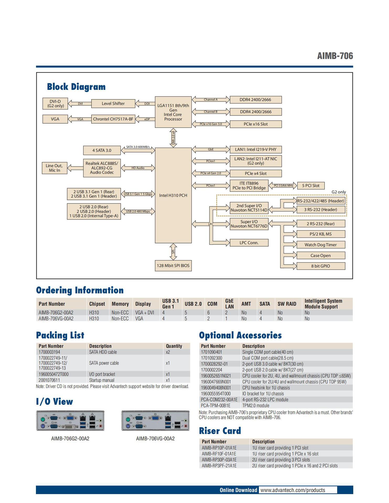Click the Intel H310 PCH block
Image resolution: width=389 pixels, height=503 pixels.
click(x=173, y=195)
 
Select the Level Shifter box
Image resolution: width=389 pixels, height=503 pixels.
click(x=113, y=103)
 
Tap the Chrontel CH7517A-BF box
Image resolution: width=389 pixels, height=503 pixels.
click(x=113, y=119)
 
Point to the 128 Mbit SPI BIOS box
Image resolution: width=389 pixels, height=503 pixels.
click(x=173, y=265)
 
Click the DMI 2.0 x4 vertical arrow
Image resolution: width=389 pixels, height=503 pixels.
click(x=173, y=138)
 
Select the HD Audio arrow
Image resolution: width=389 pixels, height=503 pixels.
click(x=138, y=168)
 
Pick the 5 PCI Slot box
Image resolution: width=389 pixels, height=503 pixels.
click(x=311, y=185)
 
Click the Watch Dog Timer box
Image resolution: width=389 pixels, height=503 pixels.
click(x=321, y=245)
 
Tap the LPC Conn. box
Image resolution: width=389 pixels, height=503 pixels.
click(x=249, y=243)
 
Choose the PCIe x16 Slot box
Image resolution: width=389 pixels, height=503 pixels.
click(x=255, y=124)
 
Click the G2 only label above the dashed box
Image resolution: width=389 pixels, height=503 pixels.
click(x=339, y=192)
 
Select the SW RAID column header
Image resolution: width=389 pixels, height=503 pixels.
click(x=287, y=304)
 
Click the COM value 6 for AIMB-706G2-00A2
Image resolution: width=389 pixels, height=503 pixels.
click(x=209, y=313)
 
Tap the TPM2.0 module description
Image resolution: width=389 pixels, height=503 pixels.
click(x=256, y=406)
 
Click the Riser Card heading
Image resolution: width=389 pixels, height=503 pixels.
click(x=220, y=430)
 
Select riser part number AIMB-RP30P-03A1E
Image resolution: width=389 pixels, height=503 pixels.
click(x=219, y=460)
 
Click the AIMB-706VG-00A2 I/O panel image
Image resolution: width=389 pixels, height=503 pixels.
click(x=156, y=421)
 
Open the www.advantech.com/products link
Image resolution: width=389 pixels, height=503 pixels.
click(x=292, y=490)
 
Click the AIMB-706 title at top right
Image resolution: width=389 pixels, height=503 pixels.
click(x=335, y=56)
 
